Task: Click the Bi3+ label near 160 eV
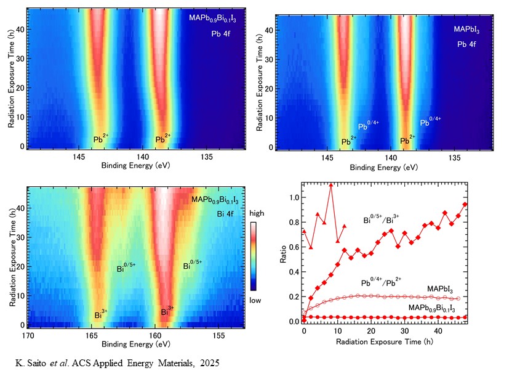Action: [167, 311]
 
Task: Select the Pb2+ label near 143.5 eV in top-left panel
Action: [101, 140]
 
